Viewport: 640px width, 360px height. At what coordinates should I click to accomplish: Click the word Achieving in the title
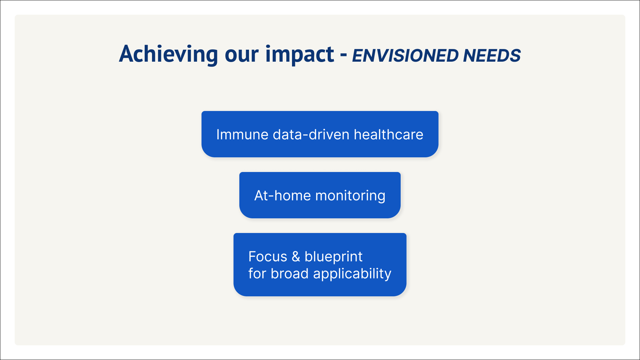[x=169, y=55]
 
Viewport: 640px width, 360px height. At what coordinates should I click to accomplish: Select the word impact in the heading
[x=300, y=55]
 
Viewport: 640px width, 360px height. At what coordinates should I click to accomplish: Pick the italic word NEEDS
[x=492, y=56]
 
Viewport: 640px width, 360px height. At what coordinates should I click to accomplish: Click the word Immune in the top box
[x=242, y=135]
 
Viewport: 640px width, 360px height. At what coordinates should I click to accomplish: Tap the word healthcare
[x=388, y=135]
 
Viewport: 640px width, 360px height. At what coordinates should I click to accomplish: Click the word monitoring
[x=350, y=196]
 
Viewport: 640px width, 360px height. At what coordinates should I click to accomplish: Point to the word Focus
[x=268, y=257]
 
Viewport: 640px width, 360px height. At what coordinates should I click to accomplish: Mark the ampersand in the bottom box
[x=296, y=257]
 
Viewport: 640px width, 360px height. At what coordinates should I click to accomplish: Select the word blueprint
[x=333, y=257]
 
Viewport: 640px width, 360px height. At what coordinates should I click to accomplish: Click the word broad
[x=290, y=274]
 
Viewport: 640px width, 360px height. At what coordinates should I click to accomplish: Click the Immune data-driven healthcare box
[x=320, y=134]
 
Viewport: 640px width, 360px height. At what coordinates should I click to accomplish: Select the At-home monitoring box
[x=320, y=195]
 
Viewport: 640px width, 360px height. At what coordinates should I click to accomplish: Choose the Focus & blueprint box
[x=320, y=265]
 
